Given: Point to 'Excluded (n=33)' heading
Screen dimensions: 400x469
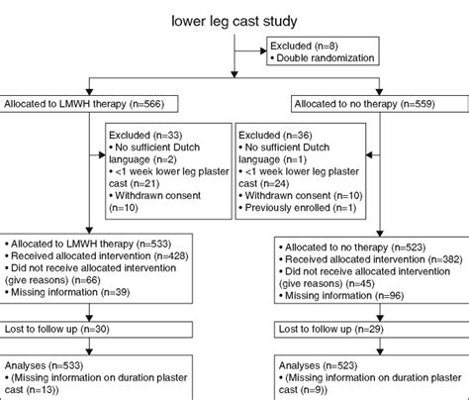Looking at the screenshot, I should (146, 134).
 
